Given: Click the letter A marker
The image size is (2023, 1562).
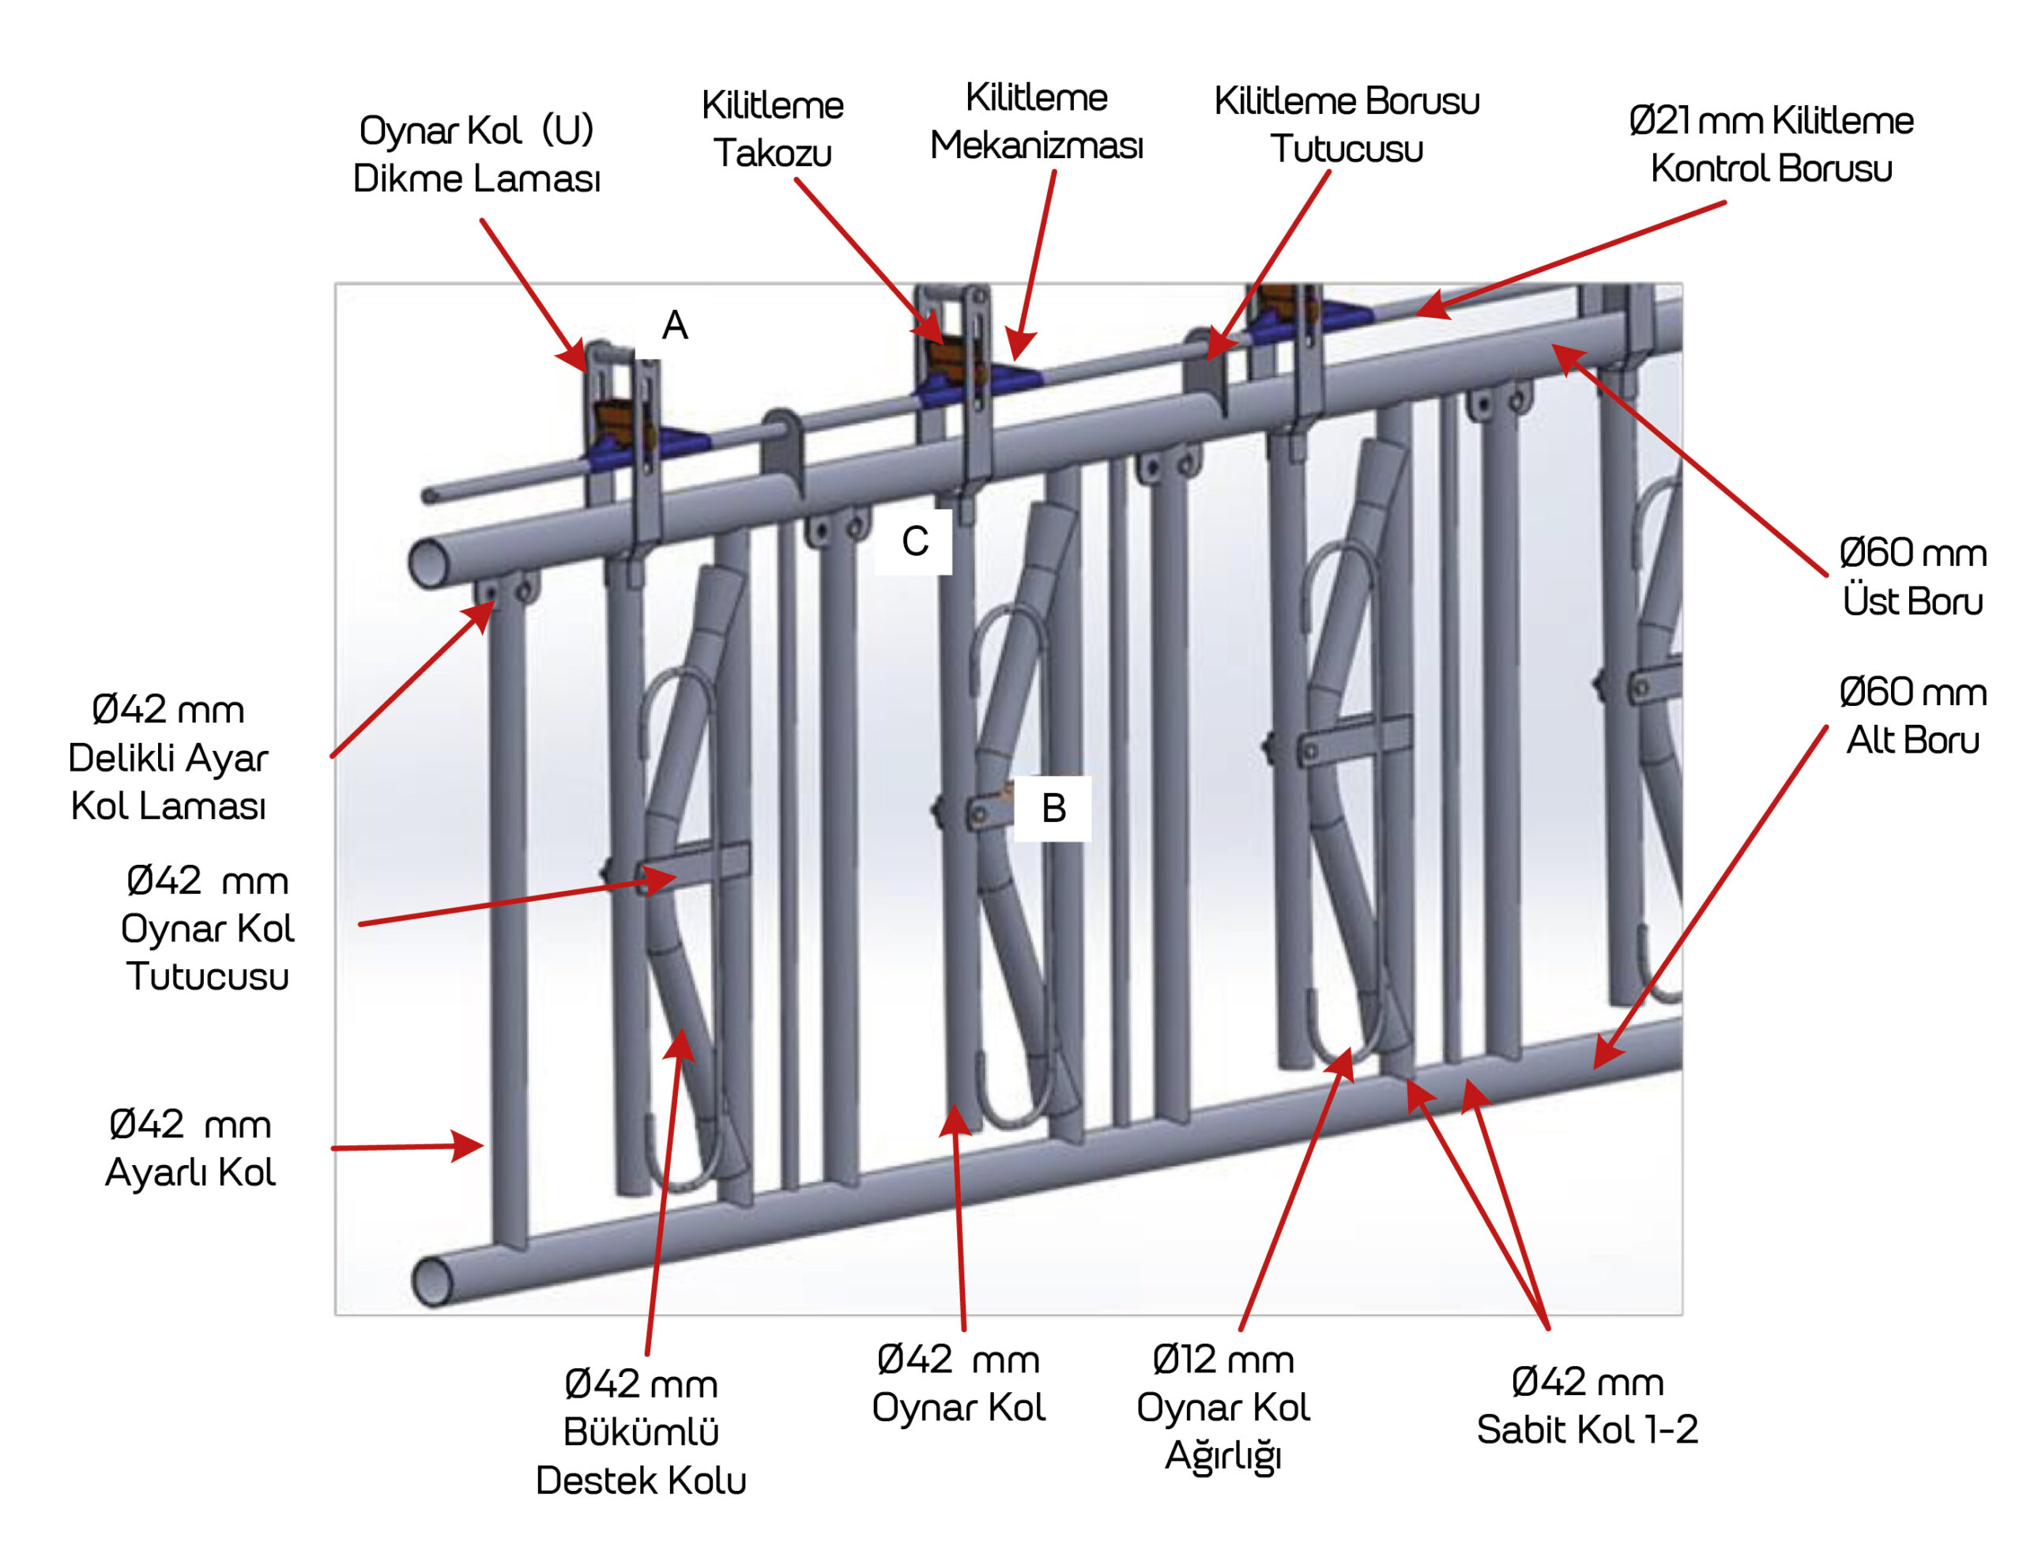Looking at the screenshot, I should coord(674,325).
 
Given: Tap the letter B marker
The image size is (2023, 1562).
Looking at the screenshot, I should coord(1053,808).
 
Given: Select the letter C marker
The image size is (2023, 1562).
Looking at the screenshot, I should coord(914,541).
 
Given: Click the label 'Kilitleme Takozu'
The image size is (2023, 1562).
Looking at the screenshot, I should coord(773,129).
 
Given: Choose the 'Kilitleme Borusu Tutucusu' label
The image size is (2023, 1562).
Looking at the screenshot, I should coord(1346,125).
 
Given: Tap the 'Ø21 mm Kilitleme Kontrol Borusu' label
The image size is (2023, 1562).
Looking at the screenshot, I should coord(1770,145).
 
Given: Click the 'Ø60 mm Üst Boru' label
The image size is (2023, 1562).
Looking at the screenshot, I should coord(1912,576).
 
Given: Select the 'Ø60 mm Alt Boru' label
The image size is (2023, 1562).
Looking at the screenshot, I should coord(1912,715).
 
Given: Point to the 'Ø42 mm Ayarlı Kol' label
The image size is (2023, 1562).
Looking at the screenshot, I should coord(190,1148).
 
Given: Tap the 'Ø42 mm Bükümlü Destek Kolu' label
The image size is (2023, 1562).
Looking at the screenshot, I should coord(641,1432).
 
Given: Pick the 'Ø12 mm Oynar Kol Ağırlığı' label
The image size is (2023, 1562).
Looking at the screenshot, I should coord(1222,1407).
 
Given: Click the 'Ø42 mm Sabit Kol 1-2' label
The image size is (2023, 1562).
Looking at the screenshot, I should coord(1587,1405).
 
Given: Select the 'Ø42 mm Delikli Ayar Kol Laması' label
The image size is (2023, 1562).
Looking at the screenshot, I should coord(168,757).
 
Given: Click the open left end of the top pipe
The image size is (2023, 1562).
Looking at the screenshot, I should coord(428,562).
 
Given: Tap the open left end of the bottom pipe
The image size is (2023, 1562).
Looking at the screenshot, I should coord(431,1282).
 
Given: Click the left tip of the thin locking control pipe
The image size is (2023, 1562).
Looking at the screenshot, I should coord(429,496).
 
